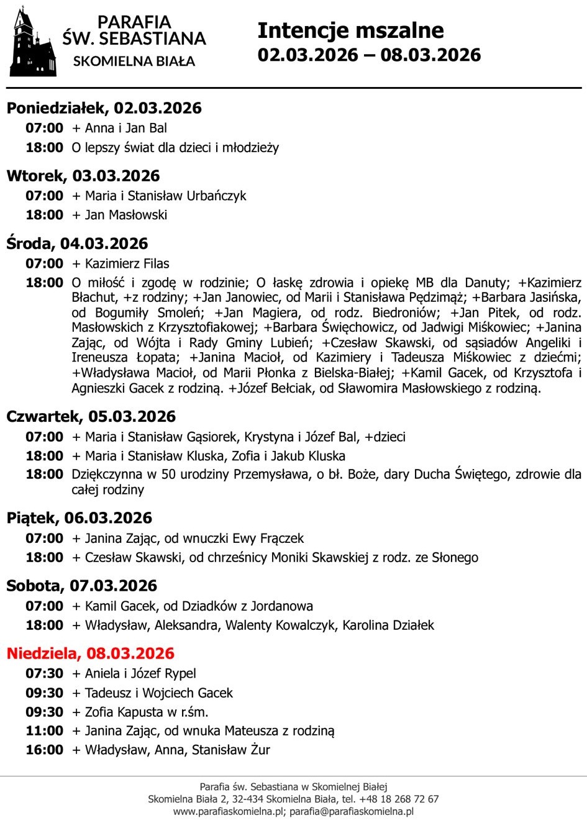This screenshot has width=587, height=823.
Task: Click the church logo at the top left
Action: click(32, 42)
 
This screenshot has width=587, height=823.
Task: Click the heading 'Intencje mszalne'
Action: click(350, 30)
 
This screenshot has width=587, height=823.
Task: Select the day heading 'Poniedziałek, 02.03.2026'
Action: click(104, 108)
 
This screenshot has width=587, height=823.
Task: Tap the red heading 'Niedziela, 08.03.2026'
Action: click(90, 653)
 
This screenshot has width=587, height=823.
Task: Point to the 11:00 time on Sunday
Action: click(44, 731)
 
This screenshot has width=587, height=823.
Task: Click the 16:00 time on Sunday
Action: click(44, 750)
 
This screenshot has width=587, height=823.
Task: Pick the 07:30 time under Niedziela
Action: click(44, 673)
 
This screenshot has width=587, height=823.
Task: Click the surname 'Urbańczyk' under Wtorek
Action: click(216, 196)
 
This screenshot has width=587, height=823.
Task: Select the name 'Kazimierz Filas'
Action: click(127, 263)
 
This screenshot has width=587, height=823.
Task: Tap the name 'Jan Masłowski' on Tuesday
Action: click(126, 215)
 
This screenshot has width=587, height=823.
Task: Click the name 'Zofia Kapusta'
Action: click(124, 712)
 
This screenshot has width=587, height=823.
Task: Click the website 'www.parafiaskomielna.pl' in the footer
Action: click(228, 811)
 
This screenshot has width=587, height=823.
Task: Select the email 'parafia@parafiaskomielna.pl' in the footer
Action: click(352, 811)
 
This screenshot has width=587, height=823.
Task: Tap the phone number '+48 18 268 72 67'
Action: click(398, 799)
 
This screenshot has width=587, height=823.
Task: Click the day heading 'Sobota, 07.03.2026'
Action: click(81, 586)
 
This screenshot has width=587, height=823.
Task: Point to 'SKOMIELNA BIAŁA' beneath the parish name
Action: click(134, 61)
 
